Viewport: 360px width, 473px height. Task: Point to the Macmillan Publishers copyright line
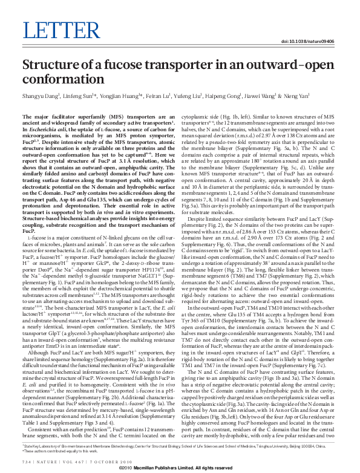click(180, 468)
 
